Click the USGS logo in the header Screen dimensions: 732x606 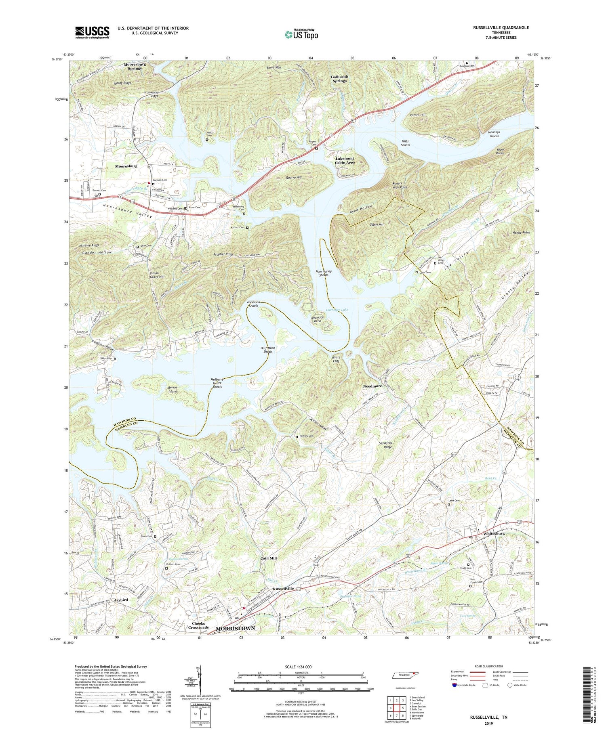92,32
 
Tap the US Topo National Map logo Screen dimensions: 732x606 301,34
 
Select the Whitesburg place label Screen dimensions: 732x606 494,533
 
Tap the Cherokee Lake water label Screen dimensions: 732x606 337,310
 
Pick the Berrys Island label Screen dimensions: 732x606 173,389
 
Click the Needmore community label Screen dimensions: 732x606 371,386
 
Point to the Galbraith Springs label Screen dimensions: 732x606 339,78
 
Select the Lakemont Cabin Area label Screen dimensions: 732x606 345,160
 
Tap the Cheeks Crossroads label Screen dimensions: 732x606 198,625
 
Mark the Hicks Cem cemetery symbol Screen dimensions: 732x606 207,140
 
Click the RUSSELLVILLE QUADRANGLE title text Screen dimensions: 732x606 501,27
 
